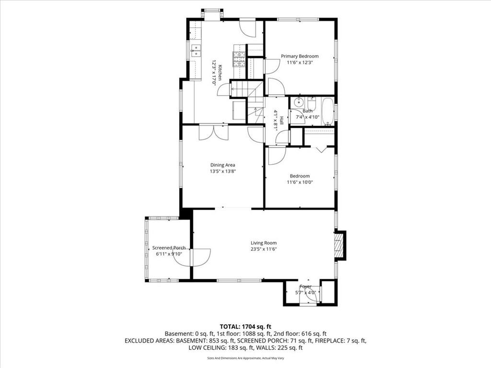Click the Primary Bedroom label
pos(300,57)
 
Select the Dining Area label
pos(222,165)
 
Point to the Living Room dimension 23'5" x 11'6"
pos(264,249)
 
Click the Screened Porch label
pos(169,248)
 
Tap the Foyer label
pos(305,287)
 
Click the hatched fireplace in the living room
pos(339,246)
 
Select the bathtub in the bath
pos(328,112)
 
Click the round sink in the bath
pos(298,102)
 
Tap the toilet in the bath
pos(312,103)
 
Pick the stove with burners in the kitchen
pos(239,59)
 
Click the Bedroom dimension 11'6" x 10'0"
pos(300,182)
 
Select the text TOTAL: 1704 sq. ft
pos(245,327)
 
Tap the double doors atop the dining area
pos(214,132)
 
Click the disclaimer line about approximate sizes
pos(245,358)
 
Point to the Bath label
pos(307,111)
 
